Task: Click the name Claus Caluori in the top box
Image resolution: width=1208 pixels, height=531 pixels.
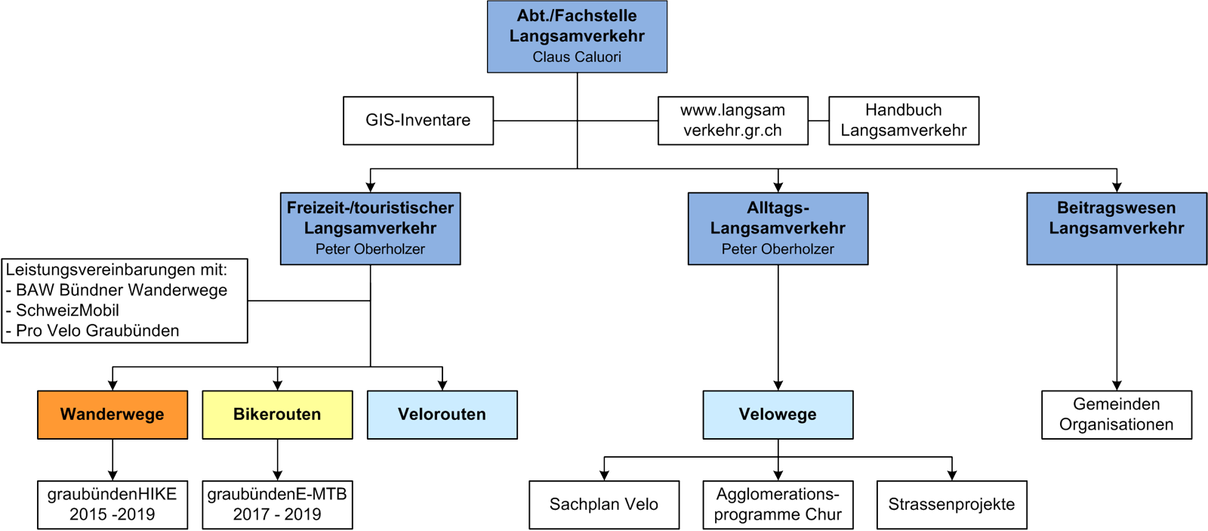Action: point(577,57)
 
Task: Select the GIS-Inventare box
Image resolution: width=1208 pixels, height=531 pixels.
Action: point(418,120)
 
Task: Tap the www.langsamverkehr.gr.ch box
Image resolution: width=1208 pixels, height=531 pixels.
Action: point(732,120)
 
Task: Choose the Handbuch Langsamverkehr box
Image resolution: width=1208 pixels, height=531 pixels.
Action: point(903,120)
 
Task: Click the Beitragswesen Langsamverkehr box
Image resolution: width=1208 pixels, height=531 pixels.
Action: point(1116,227)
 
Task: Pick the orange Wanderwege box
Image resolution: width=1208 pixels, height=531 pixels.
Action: point(112,415)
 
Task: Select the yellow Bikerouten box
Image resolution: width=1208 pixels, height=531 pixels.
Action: point(277,415)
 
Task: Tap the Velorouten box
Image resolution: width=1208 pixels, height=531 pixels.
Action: point(442,415)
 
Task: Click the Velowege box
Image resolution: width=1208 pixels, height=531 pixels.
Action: point(778,415)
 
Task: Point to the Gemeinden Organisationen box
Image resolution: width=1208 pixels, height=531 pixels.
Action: point(1116,415)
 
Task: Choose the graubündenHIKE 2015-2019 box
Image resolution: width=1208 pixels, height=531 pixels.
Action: point(112,505)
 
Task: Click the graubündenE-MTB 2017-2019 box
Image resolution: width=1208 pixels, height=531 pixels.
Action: point(277,505)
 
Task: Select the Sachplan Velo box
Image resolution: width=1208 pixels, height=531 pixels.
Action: point(603,505)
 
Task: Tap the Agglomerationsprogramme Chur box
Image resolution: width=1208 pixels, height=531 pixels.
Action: point(778,505)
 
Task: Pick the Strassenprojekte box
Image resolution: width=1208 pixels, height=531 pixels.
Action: point(951,505)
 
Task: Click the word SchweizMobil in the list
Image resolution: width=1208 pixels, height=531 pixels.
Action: point(67,310)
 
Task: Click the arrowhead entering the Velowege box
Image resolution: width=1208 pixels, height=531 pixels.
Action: point(778,384)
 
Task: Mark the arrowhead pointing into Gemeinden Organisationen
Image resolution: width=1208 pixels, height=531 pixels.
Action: point(1117,384)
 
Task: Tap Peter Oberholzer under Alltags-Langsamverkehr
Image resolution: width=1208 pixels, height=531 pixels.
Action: point(778,249)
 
